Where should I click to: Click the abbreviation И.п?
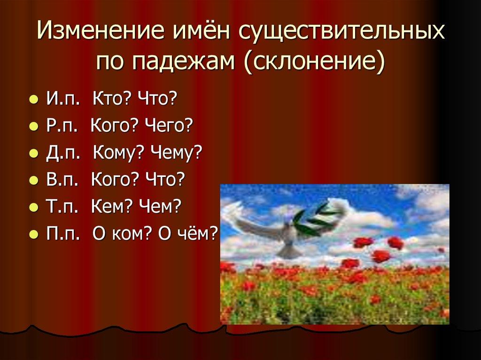[60, 100]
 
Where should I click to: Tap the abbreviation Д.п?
[61, 153]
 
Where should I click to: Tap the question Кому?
[117, 153]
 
